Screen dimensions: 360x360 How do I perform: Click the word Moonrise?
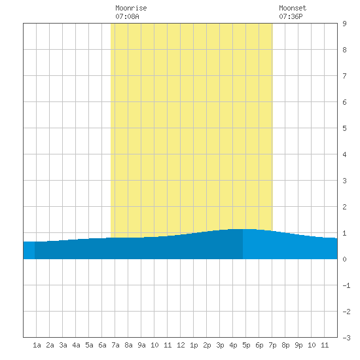tap(131, 8)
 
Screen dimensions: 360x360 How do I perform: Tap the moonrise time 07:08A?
tap(127, 16)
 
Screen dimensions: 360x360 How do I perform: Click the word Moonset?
tap(293, 8)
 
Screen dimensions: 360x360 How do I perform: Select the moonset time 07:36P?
tap(291, 16)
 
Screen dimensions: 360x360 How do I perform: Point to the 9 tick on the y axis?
tap(344, 24)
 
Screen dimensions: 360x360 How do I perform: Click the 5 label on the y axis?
tap(344, 128)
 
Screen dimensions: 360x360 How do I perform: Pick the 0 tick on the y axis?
tap(344, 259)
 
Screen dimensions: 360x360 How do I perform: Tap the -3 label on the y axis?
tap(346, 338)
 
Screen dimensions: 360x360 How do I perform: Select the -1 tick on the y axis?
tap(346, 285)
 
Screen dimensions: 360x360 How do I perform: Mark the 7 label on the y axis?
tap(344, 76)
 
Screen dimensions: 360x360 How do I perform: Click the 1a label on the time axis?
tap(37, 345)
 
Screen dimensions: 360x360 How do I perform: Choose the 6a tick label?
tap(102, 345)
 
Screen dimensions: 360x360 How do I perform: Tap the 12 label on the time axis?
tap(181, 345)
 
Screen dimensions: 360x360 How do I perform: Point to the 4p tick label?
tap(233, 345)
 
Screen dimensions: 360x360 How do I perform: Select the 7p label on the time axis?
tap(272, 345)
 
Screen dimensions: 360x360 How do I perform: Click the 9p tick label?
tap(298, 345)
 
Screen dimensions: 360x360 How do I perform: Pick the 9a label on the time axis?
tap(141, 345)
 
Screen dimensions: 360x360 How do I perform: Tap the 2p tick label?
tap(207, 345)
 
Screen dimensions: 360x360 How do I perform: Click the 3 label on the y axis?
tap(344, 181)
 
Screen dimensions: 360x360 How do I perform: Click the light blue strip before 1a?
tap(29, 250)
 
